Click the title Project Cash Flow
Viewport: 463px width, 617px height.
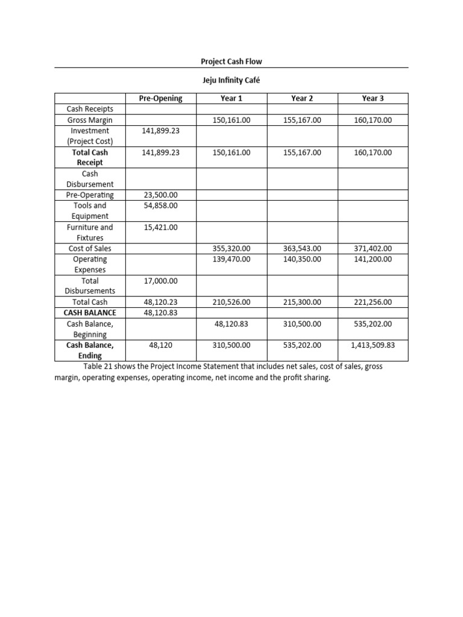pos(231,61)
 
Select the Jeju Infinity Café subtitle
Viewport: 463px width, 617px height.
pos(231,81)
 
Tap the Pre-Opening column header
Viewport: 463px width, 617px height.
pos(160,98)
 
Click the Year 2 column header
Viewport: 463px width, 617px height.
pos(302,98)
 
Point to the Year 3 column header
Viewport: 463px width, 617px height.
pos(373,98)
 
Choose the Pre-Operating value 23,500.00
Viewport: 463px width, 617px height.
pos(160,195)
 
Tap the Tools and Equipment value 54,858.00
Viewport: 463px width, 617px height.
pos(160,205)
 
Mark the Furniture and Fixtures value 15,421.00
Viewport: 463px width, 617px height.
pos(160,227)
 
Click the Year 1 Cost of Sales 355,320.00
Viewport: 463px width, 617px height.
pos(231,248)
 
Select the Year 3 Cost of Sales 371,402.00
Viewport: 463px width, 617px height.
pos(373,248)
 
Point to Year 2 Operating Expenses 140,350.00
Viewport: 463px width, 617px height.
pos(302,259)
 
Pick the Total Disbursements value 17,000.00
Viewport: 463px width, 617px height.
pos(160,281)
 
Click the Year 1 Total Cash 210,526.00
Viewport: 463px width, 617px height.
pos(231,302)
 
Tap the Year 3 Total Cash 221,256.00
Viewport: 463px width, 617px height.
pos(373,302)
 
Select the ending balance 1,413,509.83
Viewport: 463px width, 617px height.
pos(373,345)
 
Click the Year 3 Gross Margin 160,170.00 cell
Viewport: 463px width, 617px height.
pos(373,120)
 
